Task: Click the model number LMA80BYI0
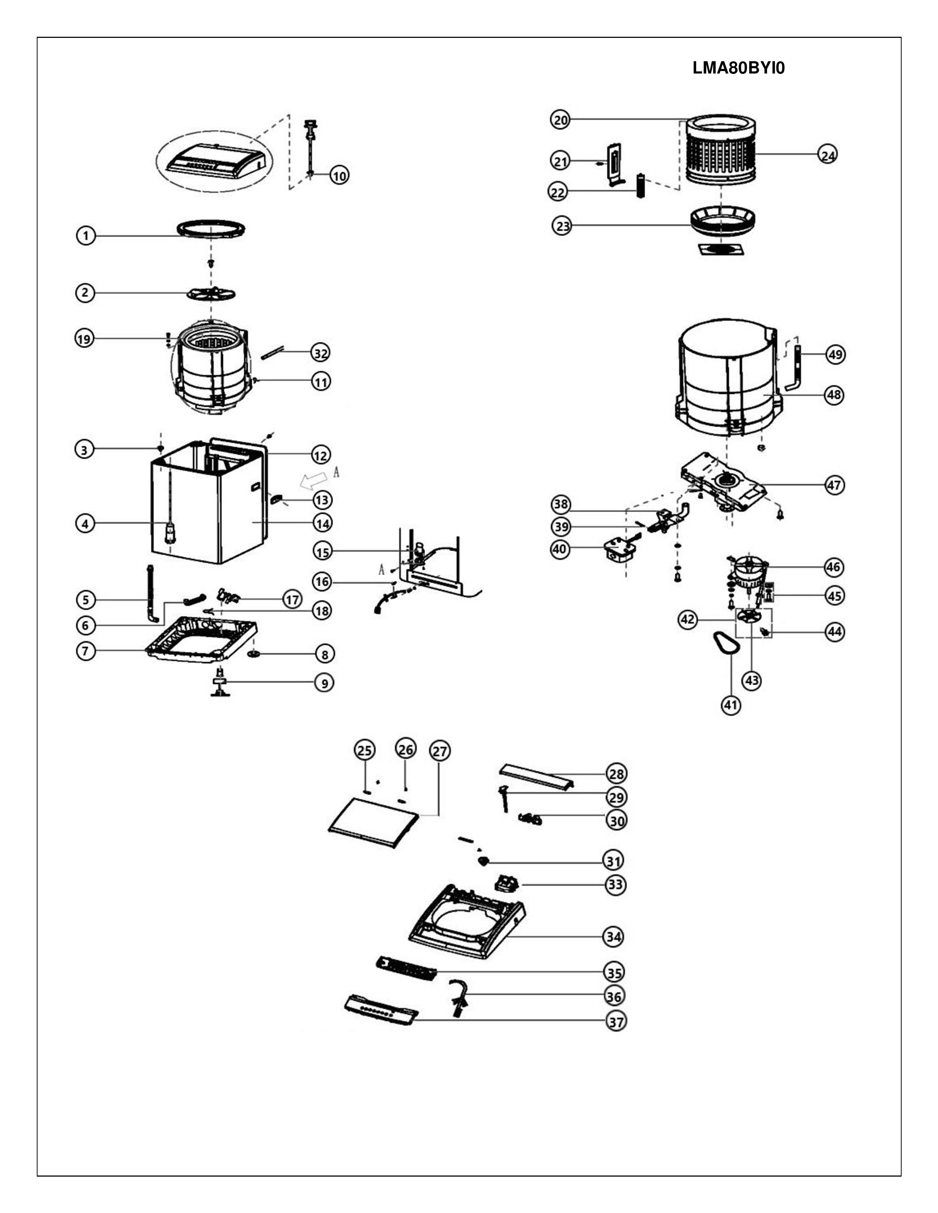(x=739, y=68)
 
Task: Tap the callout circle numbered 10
(x=339, y=175)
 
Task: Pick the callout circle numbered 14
(x=322, y=523)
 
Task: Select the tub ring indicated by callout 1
(x=211, y=228)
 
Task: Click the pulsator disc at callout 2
(x=211, y=293)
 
